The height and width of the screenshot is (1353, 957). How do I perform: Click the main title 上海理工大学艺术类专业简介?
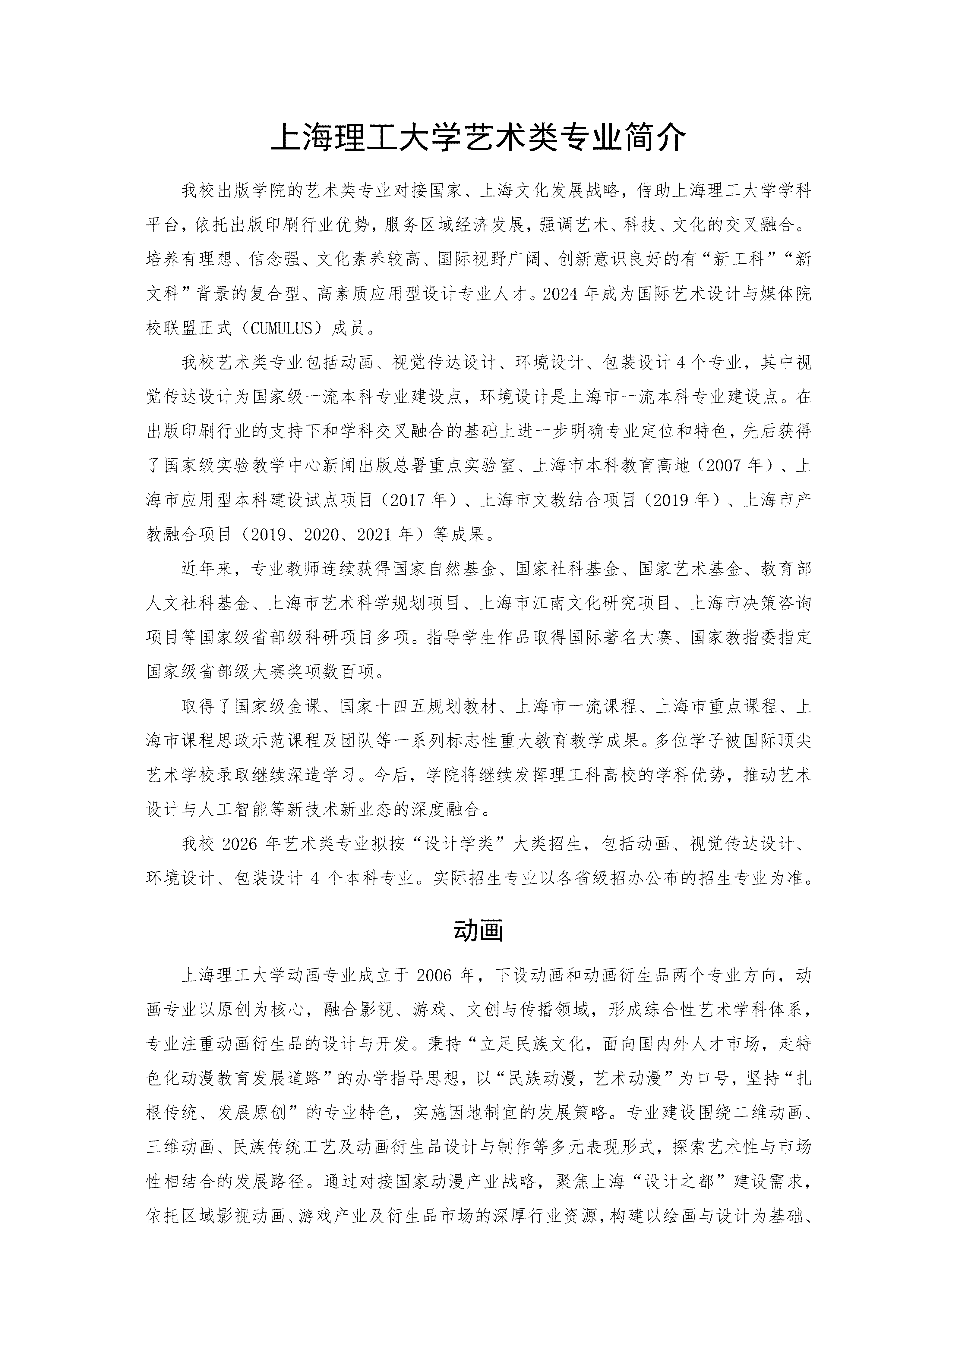[478, 140]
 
